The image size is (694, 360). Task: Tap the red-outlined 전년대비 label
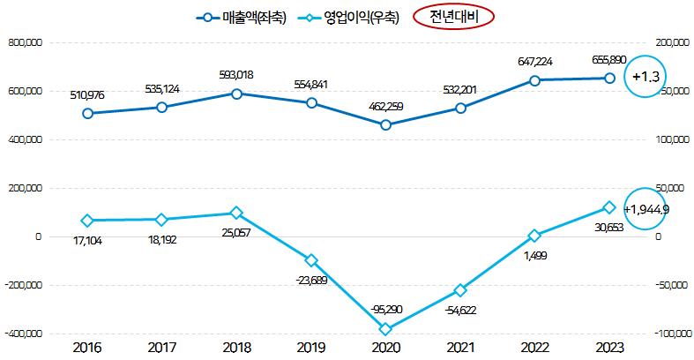pyautogui.click(x=452, y=17)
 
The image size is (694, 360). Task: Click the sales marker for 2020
pyautogui.click(x=386, y=125)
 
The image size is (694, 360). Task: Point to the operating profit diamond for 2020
pyautogui.click(x=386, y=329)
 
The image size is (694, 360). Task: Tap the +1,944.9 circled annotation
pyautogui.click(x=646, y=210)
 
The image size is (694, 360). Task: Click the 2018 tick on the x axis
pyautogui.click(x=236, y=348)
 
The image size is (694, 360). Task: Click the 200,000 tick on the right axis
pyautogui.click(x=674, y=42)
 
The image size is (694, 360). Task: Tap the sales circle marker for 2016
pyautogui.click(x=87, y=114)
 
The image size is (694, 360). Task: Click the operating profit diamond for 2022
pyautogui.click(x=534, y=236)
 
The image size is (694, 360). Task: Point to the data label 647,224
pyautogui.click(x=536, y=62)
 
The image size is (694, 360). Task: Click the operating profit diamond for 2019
pyautogui.click(x=311, y=260)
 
